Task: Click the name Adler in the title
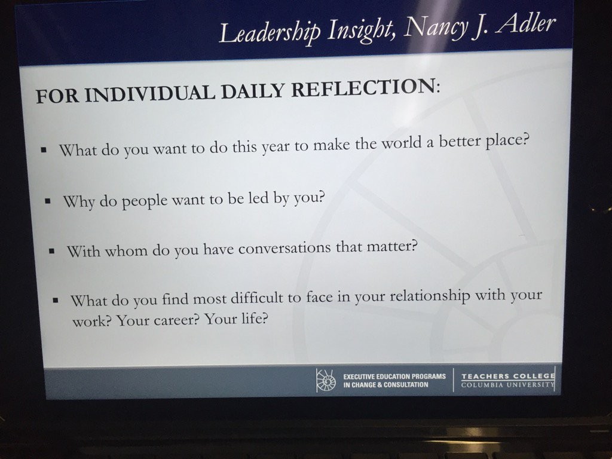(x=526, y=23)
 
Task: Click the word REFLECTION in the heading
(x=366, y=87)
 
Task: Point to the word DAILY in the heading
(x=253, y=91)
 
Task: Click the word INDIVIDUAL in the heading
(x=150, y=94)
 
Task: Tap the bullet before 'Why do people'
(x=48, y=202)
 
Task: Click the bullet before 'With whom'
(x=51, y=251)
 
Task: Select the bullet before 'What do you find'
(x=56, y=301)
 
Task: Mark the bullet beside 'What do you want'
(x=44, y=149)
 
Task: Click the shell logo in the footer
(x=326, y=380)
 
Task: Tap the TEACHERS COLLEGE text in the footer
(x=508, y=377)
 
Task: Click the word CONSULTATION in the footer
(x=406, y=385)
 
